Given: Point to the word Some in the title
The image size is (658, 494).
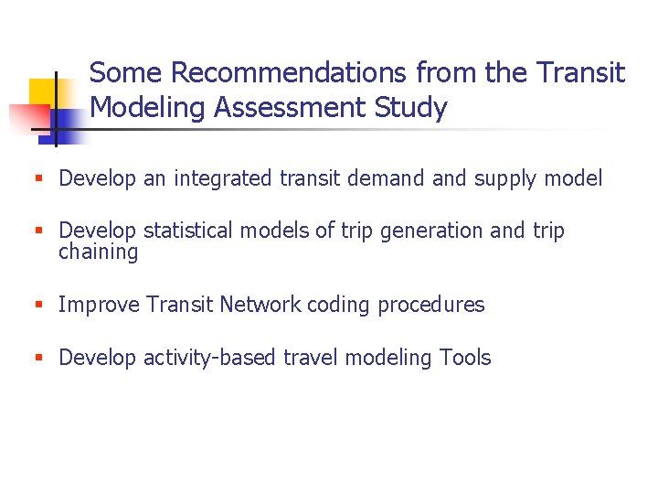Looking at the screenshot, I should (127, 72).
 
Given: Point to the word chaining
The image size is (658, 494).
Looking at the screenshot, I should (98, 252).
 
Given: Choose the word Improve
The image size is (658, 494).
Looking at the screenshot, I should (97, 306).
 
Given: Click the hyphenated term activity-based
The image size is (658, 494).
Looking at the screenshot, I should (210, 359).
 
